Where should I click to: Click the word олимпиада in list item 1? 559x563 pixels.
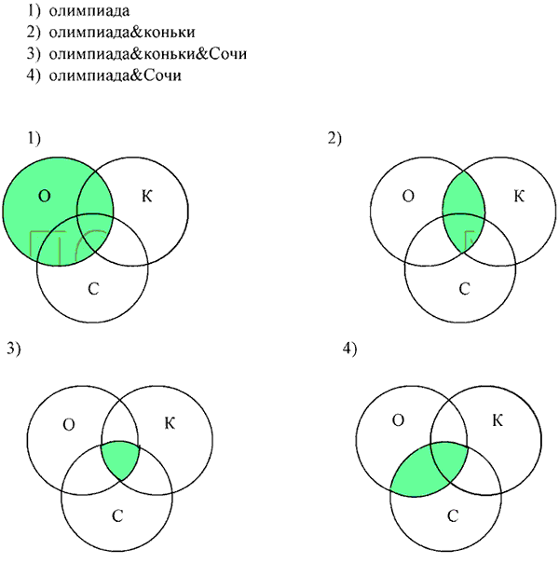[x=89, y=11]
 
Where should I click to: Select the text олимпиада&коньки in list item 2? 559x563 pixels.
[x=122, y=33]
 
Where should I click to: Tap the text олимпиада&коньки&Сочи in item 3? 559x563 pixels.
[x=148, y=54]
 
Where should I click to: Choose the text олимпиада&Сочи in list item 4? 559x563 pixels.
[x=115, y=76]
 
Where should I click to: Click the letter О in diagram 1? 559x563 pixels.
[x=45, y=196]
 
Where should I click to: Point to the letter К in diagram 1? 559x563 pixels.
[x=147, y=196]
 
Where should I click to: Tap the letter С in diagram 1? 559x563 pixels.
[x=93, y=289]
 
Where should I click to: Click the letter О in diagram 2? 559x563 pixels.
[x=408, y=196]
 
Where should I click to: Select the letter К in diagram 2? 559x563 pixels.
[x=519, y=196]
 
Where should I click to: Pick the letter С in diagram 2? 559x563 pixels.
[x=464, y=289]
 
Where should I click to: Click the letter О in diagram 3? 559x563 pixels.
[x=69, y=425]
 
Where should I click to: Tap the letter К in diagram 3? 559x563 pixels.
[x=170, y=423]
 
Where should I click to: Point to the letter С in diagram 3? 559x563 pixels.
[x=117, y=516]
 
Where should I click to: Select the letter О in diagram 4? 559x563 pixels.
[x=398, y=420]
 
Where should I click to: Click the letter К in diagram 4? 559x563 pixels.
[x=498, y=420]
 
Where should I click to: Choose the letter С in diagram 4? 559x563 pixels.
[x=453, y=516]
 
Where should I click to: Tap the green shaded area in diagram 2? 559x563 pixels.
[x=464, y=212]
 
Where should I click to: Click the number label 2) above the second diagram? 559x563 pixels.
[x=334, y=139]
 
